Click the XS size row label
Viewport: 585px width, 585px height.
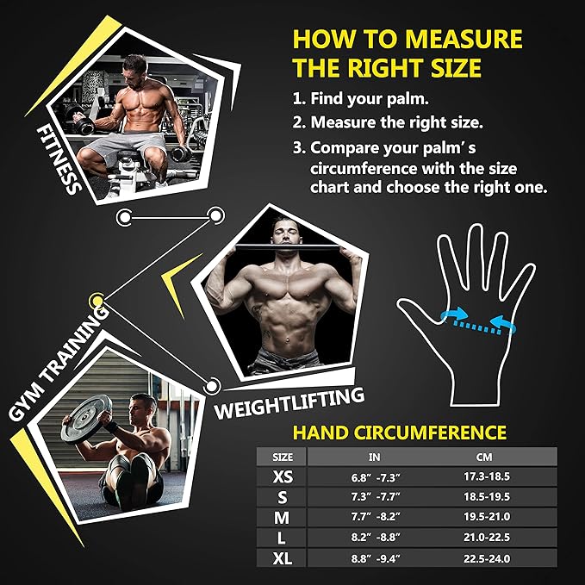tap(283, 476)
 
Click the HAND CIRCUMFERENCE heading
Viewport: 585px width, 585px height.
tap(400, 433)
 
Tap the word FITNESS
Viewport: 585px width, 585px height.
tap(59, 160)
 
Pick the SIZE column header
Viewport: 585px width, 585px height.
tap(283, 457)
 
